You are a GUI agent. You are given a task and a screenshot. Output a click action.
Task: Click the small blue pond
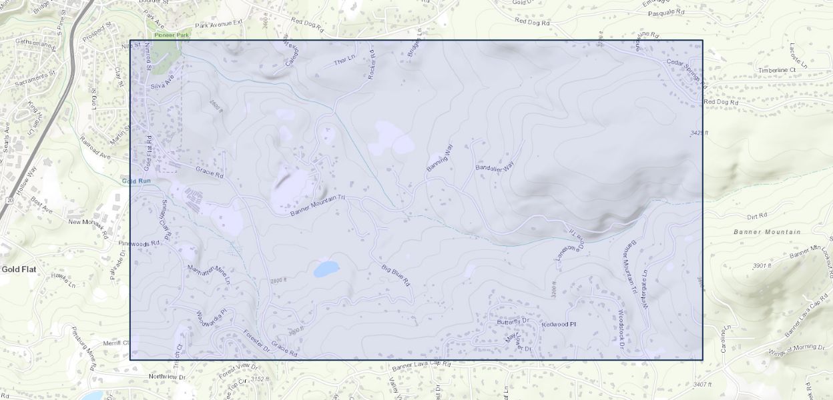tap(326, 269)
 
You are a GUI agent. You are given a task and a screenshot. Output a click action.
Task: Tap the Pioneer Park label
tap(167, 35)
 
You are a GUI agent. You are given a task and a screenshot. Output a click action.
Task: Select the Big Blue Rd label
tap(395, 275)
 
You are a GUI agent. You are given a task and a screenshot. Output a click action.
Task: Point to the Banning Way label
tap(439, 158)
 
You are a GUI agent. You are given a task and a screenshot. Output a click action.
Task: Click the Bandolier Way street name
tap(495, 167)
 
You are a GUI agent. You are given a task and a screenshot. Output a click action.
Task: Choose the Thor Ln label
tap(344, 62)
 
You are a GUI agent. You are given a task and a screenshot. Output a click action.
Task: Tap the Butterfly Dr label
tap(513, 321)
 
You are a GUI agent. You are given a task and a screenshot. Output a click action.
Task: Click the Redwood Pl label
tap(559, 325)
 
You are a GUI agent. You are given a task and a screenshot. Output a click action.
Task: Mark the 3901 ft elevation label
tap(762, 266)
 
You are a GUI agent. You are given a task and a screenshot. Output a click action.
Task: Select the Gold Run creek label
tap(136, 181)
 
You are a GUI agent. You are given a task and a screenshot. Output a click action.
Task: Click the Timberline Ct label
tap(777, 70)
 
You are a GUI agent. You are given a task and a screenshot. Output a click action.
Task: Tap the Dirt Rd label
tap(758, 217)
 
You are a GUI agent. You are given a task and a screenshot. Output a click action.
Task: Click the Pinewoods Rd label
tap(139, 243)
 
